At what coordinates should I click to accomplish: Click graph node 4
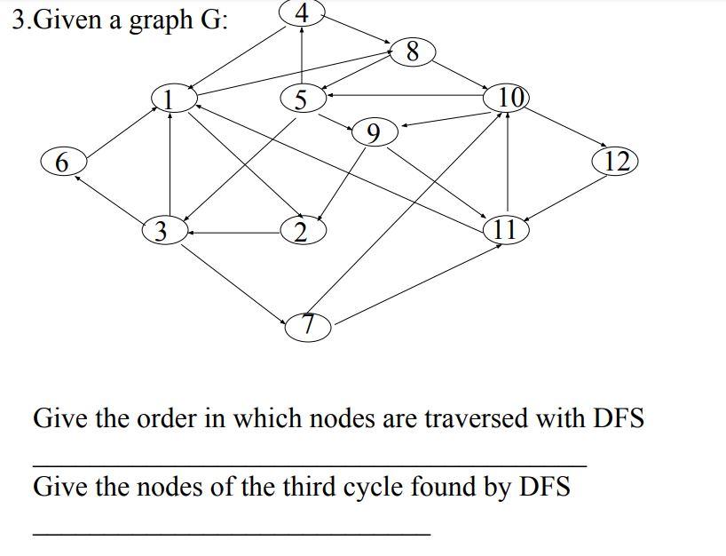point(302,13)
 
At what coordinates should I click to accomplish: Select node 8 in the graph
point(411,52)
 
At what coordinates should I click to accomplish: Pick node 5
point(302,99)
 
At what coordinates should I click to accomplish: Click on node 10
point(507,97)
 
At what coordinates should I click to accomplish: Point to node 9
point(374,133)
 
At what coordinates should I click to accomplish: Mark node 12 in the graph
point(617,161)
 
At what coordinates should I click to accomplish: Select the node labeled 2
point(302,232)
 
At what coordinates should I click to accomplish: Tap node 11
point(505,229)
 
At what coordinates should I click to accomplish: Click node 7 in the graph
point(308,326)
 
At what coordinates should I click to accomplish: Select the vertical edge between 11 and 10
point(507,164)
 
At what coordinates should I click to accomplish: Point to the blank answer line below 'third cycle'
point(231,534)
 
